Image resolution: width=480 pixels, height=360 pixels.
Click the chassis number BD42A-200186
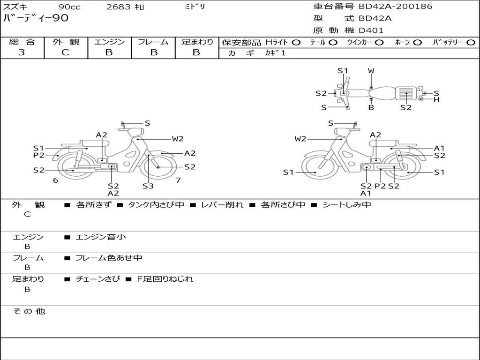tap(396, 7)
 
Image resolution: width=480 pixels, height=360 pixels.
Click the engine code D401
tap(371, 30)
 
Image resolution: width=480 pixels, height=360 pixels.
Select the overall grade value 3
tap(22, 52)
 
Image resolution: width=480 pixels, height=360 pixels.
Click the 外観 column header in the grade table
tap(66, 42)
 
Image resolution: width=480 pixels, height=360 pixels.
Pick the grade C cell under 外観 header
tap(65, 52)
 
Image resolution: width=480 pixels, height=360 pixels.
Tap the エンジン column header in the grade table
tap(109, 42)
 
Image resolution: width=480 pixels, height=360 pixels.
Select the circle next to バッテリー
tap(471, 42)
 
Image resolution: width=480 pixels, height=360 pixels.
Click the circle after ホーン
tap(417, 42)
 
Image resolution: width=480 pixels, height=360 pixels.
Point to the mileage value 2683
tap(120, 7)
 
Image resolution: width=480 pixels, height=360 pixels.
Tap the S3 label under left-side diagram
tap(148, 186)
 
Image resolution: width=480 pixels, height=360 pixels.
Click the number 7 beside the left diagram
tap(178, 180)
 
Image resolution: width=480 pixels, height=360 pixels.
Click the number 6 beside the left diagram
tap(55, 180)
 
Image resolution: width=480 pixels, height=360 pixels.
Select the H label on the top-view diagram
tap(436, 99)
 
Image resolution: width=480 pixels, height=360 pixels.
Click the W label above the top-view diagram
tap(371, 71)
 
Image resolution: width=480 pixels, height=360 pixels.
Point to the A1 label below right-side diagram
tap(366, 193)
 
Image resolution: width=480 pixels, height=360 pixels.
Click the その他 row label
tap(29, 311)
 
